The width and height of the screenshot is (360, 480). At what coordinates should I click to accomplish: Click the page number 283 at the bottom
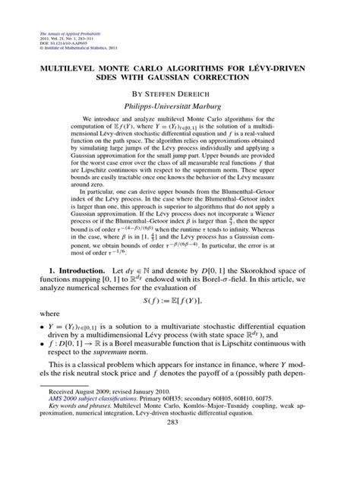[x=180, y=465]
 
